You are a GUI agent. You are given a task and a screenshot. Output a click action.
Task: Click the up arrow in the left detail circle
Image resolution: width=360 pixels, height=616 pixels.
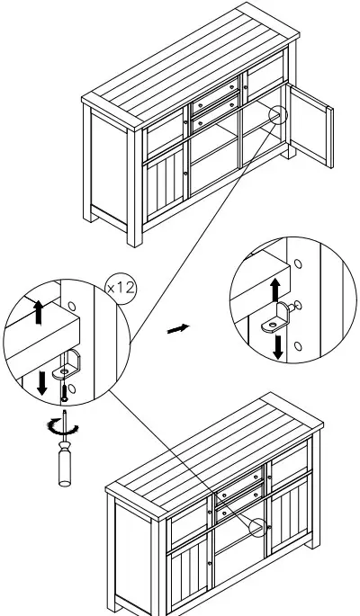coord(36,310)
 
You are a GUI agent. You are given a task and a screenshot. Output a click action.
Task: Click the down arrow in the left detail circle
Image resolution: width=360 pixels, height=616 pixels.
coord(41,381)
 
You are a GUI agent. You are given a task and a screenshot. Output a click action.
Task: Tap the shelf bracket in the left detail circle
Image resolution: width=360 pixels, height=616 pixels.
coord(67,367)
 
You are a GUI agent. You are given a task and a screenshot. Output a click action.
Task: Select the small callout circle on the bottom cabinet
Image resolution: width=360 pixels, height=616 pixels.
coord(261,529)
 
